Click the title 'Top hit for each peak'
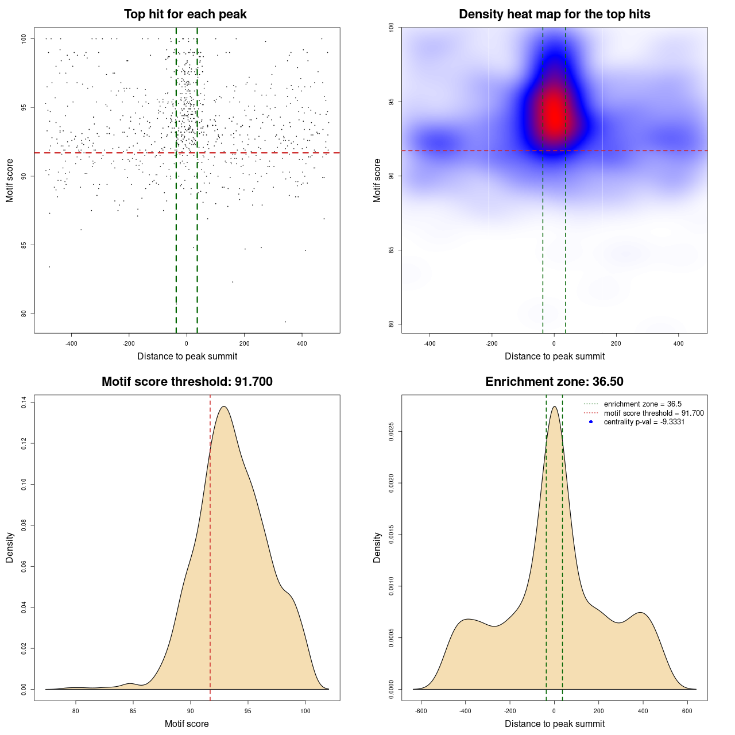[x=185, y=14]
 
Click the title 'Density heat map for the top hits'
[x=554, y=14]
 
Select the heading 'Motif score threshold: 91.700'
[x=187, y=382]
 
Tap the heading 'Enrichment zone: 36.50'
[x=554, y=382]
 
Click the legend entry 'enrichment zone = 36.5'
[x=643, y=404]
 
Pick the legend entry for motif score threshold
[x=653, y=413]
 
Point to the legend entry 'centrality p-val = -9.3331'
[x=644, y=422]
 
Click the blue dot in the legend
[x=591, y=422]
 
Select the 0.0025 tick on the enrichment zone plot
[x=392, y=432]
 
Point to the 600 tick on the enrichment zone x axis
[x=687, y=711]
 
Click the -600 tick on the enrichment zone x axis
[x=421, y=711]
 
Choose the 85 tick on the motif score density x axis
[x=133, y=711]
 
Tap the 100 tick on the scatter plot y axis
[x=24, y=39]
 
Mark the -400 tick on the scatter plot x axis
[x=71, y=343]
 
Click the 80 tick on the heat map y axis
[x=392, y=324]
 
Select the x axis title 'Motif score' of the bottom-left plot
[x=187, y=724]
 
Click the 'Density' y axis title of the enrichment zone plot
[x=377, y=547]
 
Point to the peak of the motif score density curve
[x=224, y=407]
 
